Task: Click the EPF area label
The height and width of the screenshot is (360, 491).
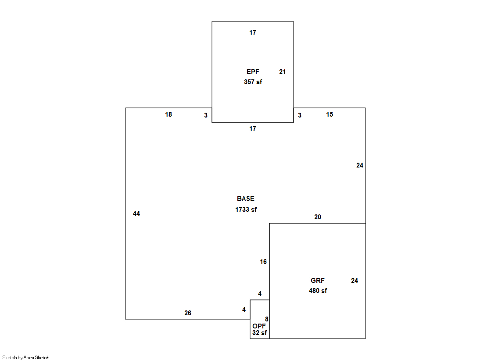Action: click(x=253, y=71)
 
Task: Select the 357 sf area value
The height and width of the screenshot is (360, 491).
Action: click(x=253, y=82)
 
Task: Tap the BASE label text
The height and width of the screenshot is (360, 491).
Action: click(x=246, y=199)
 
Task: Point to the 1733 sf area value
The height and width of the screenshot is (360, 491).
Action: click(x=246, y=210)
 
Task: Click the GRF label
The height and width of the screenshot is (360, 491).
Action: click(x=318, y=281)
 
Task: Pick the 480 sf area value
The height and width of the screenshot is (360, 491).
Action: click(x=318, y=291)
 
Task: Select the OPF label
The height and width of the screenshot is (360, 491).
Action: click(x=259, y=326)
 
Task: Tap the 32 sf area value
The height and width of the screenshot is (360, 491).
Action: click(x=260, y=333)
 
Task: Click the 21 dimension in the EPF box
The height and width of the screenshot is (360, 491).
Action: click(x=283, y=72)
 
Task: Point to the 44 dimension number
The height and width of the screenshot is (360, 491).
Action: click(x=136, y=214)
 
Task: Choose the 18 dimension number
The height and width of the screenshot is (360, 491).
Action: click(x=168, y=114)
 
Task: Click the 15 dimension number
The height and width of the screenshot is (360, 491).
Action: click(x=330, y=114)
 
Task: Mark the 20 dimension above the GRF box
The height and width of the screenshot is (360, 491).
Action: click(x=318, y=217)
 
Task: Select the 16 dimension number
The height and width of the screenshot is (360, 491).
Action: click(x=263, y=262)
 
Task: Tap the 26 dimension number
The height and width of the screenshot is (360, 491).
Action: click(x=187, y=313)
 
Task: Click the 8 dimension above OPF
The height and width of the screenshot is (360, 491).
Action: click(x=267, y=319)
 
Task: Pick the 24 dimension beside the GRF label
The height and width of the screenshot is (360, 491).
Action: click(x=355, y=281)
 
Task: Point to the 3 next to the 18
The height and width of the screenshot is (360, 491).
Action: click(x=206, y=115)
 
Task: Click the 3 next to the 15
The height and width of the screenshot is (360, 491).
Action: click(x=300, y=115)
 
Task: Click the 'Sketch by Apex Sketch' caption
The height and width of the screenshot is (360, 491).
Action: click(x=26, y=357)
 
